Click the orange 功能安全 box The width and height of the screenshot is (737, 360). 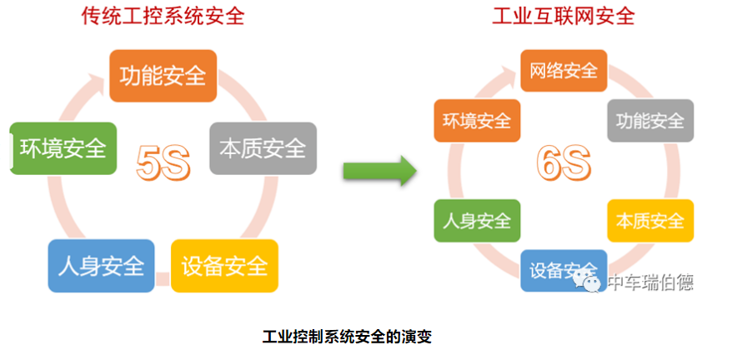point(163,76)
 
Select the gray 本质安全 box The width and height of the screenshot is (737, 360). point(263,148)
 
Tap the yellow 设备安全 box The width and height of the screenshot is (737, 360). point(224,266)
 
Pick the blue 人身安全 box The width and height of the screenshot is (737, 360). point(102,266)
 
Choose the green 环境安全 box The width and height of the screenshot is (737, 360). point(63,148)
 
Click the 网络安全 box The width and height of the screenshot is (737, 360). point(564,71)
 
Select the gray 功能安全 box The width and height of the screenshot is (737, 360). point(650,120)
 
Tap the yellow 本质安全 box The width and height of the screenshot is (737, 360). point(650,221)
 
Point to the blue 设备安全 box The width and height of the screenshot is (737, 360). point(564,270)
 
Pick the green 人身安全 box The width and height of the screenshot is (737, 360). point(477,221)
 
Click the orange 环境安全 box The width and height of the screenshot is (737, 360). point(477,120)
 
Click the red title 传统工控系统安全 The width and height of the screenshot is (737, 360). point(163,17)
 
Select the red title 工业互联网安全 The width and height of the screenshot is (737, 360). point(564,17)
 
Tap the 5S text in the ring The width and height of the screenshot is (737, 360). point(163,162)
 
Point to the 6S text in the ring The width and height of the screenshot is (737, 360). point(564,162)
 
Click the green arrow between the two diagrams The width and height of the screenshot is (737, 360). point(380,171)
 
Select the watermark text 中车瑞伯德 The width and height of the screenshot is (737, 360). point(650,282)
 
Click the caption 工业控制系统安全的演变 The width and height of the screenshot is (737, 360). point(347,337)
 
